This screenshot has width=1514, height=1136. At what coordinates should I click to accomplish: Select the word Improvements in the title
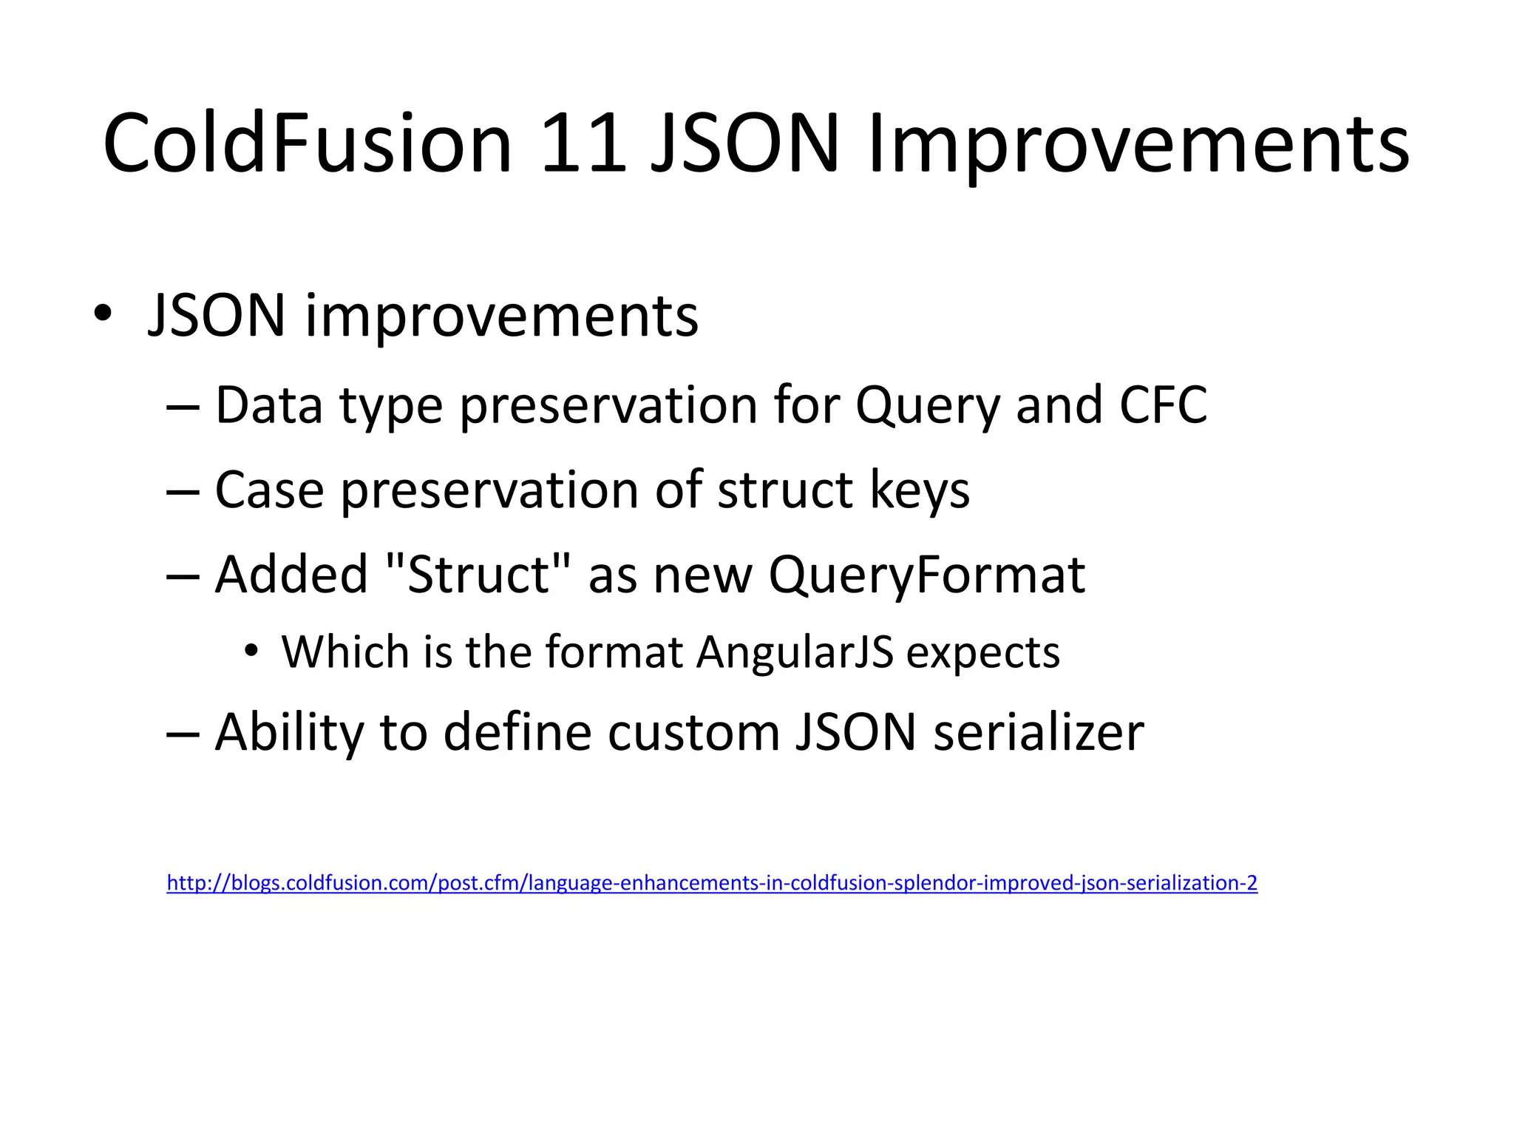pyautogui.click(x=1138, y=144)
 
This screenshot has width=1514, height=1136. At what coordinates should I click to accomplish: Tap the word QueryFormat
pyautogui.click(x=927, y=575)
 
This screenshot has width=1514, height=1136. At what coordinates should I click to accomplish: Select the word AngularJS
pyautogui.click(x=795, y=652)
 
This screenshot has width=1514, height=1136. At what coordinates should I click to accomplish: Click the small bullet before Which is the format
pyautogui.click(x=251, y=652)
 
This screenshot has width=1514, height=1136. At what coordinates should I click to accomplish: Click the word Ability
pyautogui.click(x=289, y=732)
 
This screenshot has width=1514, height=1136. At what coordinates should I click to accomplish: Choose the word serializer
pyautogui.click(x=1039, y=732)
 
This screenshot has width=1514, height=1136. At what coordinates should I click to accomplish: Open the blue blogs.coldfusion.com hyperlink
pyautogui.click(x=711, y=882)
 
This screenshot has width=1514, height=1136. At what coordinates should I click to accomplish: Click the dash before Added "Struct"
pyautogui.click(x=183, y=576)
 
